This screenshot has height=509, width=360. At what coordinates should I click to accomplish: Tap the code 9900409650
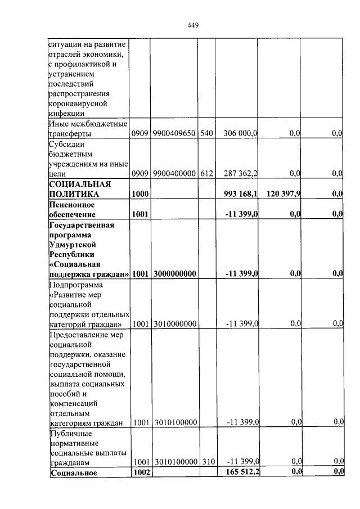[x=174, y=133]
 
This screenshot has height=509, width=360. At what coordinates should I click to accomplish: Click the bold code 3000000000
[x=174, y=274]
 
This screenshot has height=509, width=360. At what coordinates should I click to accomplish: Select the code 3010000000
[x=174, y=324]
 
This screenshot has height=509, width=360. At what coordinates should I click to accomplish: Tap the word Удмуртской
[x=73, y=245]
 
